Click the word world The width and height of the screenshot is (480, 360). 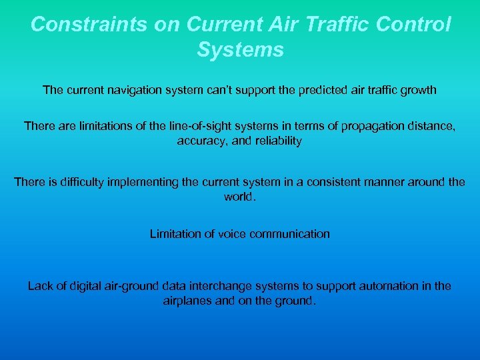point(239,197)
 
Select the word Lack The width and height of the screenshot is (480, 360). point(39,285)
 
